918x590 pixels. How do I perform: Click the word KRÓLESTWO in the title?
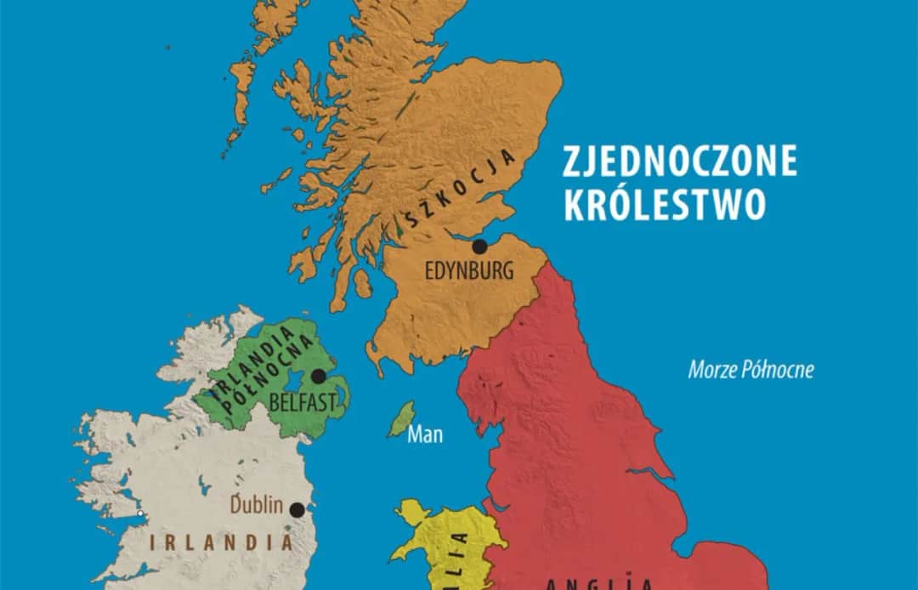[665, 205]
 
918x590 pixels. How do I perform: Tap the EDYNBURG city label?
[469, 272]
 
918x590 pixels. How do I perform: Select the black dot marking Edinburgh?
[479, 247]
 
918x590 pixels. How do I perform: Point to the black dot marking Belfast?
[319, 376]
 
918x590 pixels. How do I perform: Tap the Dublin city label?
[256, 504]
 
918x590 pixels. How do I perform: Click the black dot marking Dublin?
[297, 510]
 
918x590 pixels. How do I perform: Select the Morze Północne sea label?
[751, 371]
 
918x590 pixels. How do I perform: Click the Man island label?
[425, 435]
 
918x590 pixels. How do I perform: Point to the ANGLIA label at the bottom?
[599, 583]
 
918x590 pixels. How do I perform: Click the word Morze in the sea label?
[710, 371]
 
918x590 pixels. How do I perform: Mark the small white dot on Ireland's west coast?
[141, 513]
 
